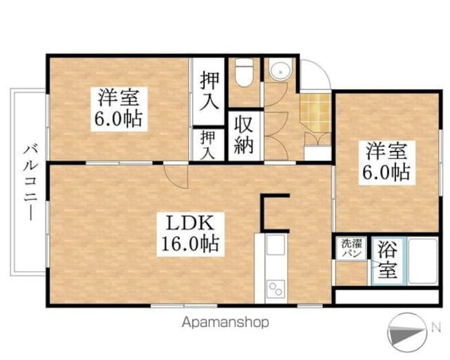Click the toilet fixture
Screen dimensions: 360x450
[244, 73]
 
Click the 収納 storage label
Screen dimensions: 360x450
[245, 136]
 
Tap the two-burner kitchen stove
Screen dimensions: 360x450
[275, 288]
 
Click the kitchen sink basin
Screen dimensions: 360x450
[275, 245]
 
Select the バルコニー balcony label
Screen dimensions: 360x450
[29, 181]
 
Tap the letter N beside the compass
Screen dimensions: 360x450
[436, 326]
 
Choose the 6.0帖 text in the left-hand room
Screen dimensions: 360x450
[118, 118]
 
